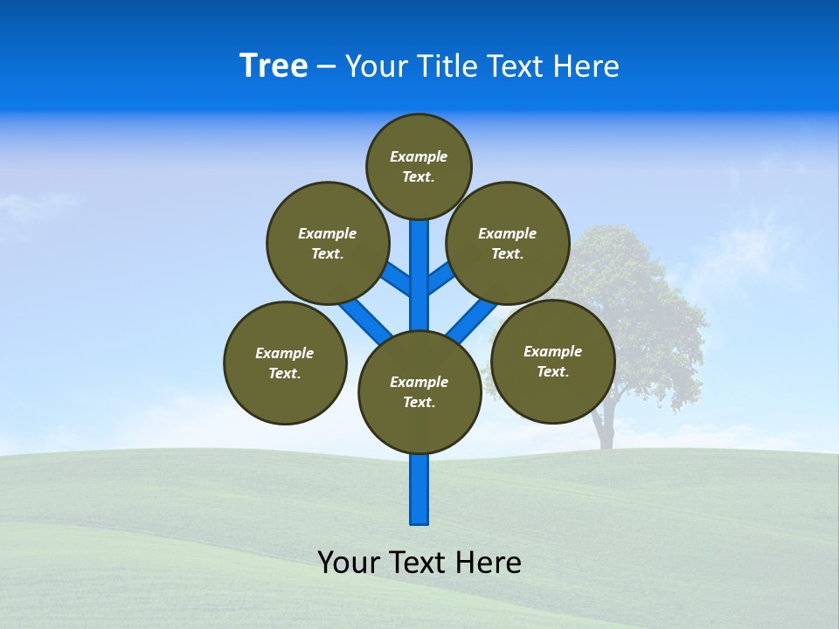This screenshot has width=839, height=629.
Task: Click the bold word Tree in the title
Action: (x=274, y=66)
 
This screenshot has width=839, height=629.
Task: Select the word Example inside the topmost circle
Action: (x=419, y=156)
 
